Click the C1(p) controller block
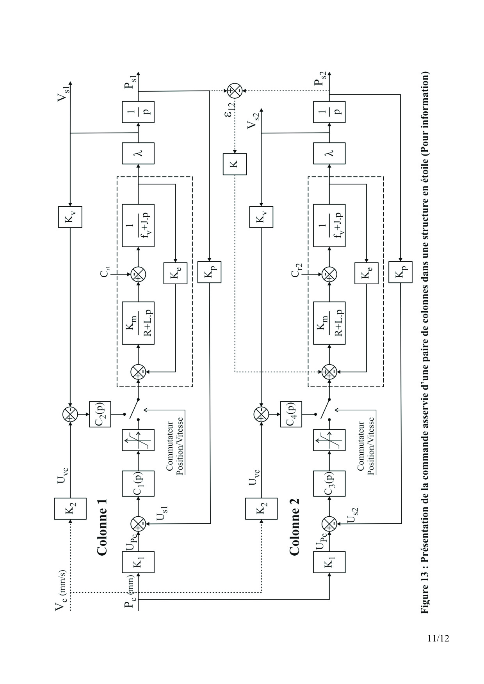tap(138, 483)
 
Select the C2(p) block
tap(100, 413)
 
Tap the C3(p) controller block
tap(329, 483)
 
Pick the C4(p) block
tap(291, 413)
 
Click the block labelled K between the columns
tap(235, 164)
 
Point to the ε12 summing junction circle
tap(235, 91)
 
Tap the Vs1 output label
tap(63, 92)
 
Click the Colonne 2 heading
tap(294, 527)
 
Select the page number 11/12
tap(438, 638)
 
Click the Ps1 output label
tap(130, 80)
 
